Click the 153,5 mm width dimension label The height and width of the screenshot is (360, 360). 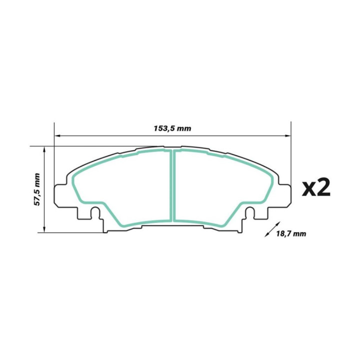pyautogui.click(x=172, y=128)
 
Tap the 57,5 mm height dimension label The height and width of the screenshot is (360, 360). pyautogui.click(x=36, y=189)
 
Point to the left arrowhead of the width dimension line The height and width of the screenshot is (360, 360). pyautogui.click(x=56, y=135)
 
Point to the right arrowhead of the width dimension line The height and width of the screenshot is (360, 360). pyautogui.click(x=288, y=135)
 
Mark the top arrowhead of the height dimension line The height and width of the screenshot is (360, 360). pyautogui.click(x=45, y=148)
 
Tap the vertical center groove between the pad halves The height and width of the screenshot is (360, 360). pyautogui.click(x=172, y=185)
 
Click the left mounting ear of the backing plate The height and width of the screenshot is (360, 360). pyautogui.click(x=61, y=193)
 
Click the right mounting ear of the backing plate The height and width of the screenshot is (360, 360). pyautogui.click(x=283, y=193)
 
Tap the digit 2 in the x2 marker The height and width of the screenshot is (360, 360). pyautogui.click(x=324, y=187)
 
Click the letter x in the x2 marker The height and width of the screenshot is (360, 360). pyautogui.click(x=308, y=189)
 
